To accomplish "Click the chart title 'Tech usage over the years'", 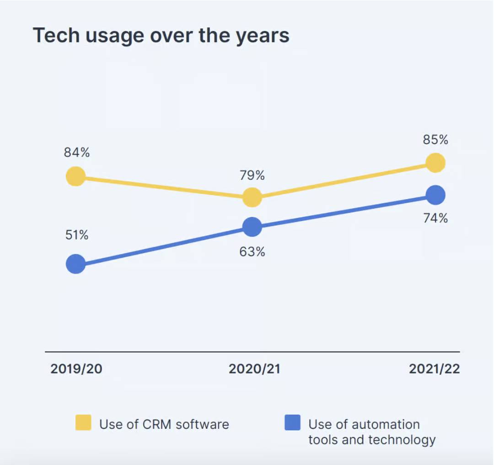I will pos(161,36).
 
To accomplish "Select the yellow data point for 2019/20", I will pos(76,176).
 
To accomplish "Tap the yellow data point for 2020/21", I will pos(252,197).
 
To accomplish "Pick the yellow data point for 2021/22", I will pos(435,162).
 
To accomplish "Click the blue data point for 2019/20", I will pos(76,264).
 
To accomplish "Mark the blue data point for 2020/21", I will pos(252,227).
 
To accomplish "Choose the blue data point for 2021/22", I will pos(435,195).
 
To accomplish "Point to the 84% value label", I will pos(77,153).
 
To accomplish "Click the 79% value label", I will pos(252,175).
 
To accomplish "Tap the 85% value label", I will pos(435,140).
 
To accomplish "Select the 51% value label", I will pos(76,235).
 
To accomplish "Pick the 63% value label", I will pos(252,251).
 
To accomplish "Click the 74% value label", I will pos(435,218).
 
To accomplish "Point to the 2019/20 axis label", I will pos(76,369).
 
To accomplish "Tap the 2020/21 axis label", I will pos(254,369).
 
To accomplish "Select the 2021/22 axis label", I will pos(434,369).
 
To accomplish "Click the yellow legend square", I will pos(83,422).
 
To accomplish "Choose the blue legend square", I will pos(292,422).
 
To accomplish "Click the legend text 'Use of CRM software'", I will pos(164,424).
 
